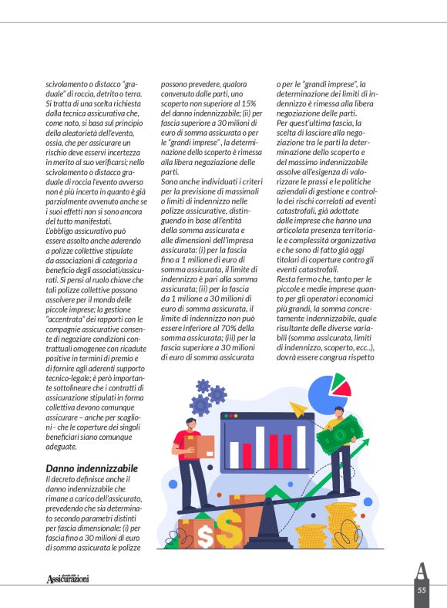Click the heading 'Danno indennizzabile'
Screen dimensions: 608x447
[x=92, y=468]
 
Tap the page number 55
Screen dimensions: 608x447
[x=422, y=589]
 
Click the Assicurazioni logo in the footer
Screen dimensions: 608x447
[x=68, y=579]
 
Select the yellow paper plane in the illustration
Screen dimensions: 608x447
[x=300, y=407]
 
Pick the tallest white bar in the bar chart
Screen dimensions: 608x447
[x=260, y=447]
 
